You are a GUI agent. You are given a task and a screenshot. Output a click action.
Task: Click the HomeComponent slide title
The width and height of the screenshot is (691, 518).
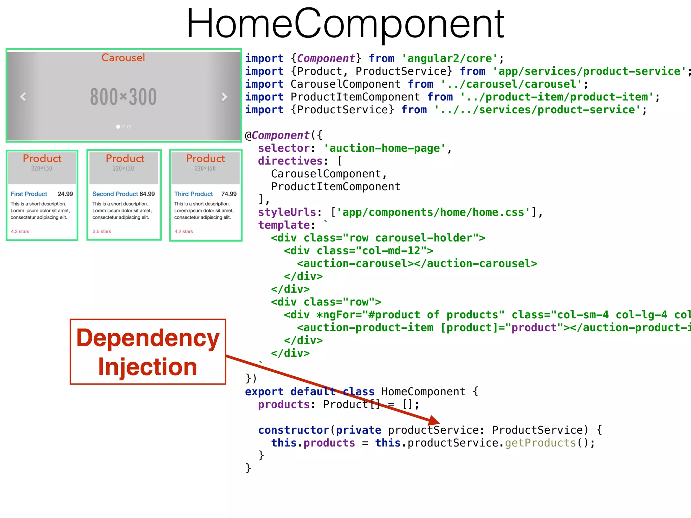345,24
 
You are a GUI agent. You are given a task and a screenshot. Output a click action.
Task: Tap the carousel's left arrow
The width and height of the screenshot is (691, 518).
23,97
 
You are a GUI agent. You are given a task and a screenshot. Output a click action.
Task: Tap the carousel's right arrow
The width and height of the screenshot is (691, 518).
224,97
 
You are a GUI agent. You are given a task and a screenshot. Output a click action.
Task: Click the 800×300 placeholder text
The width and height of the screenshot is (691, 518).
123,97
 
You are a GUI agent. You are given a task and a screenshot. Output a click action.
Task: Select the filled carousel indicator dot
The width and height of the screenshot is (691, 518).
118,127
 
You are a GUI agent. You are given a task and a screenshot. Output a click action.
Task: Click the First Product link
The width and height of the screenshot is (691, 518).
29,194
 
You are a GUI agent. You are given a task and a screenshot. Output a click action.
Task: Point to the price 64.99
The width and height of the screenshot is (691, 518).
147,194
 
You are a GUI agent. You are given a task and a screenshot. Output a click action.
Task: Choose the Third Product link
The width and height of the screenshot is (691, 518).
193,194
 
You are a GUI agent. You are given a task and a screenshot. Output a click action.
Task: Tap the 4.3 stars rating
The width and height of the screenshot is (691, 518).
20,231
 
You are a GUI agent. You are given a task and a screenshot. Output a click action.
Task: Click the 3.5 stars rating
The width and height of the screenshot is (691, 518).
102,231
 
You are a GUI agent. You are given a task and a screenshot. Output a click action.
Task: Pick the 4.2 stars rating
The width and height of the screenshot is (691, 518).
184,231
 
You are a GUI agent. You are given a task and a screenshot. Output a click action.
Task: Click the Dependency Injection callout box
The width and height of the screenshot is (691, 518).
148,352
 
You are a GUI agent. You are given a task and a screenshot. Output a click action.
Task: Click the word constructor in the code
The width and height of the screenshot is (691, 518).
294,430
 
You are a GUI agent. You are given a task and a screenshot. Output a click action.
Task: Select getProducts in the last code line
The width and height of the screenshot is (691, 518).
540,443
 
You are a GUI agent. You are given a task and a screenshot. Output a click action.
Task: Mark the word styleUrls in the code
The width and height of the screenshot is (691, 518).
287,212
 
